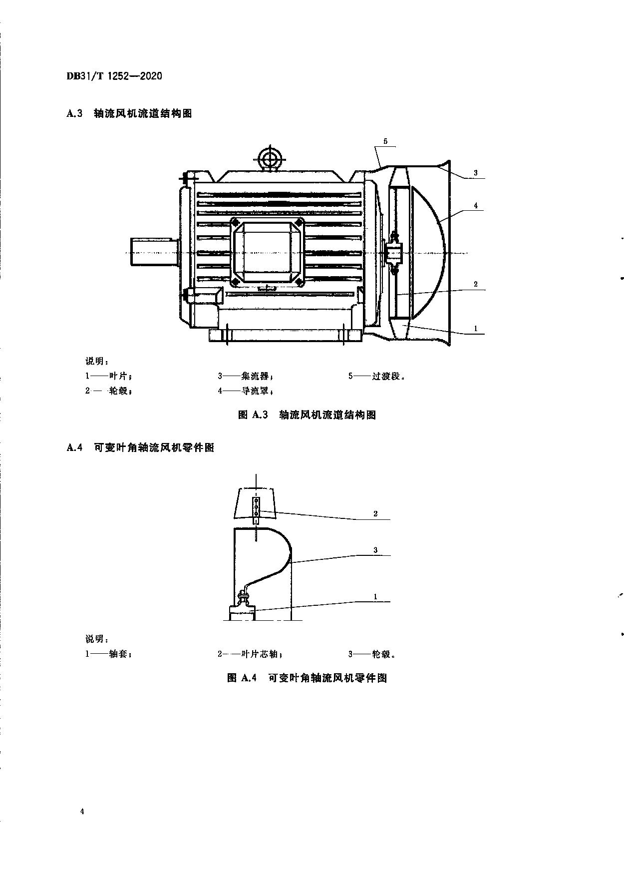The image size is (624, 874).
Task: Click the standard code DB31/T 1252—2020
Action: (x=114, y=76)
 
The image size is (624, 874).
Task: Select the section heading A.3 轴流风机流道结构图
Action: (x=129, y=113)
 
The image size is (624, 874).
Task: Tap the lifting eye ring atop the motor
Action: (x=270, y=159)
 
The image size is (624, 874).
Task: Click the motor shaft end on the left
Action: (x=154, y=253)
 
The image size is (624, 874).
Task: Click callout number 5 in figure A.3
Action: (x=385, y=141)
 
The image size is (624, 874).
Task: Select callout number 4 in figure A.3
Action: (x=476, y=205)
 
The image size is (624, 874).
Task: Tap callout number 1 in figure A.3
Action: (x=476, y=328)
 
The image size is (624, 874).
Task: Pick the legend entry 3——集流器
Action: (x=245, y=376)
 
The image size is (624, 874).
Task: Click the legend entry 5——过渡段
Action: (x=377, y=376)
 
